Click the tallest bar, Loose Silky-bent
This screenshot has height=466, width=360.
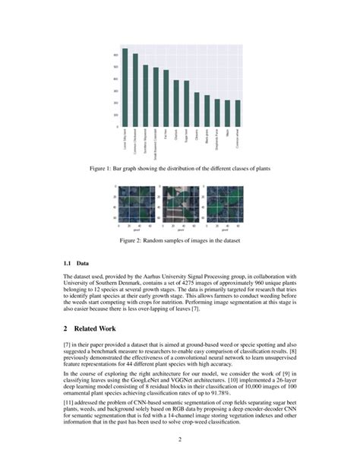click(x=125, y=87)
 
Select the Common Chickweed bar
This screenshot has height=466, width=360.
click(x=135, y=90)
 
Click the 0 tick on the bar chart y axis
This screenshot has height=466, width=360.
click(x=117, y=126)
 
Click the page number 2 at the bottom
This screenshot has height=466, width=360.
click(x=180, y=439)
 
